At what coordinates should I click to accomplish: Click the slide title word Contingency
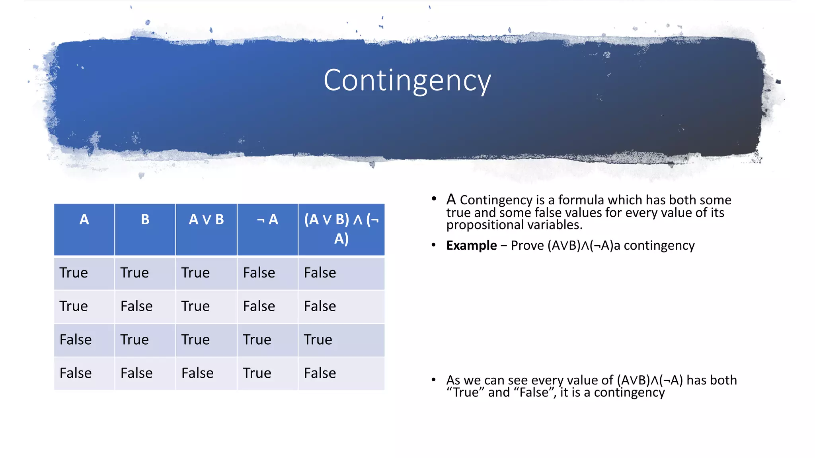407,81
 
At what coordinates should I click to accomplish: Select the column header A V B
206,219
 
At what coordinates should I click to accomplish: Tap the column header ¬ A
267,219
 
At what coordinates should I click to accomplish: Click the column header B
145,219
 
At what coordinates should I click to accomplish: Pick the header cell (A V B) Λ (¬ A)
341,229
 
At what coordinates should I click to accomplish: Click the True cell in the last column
318,340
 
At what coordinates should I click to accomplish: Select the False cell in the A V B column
197,373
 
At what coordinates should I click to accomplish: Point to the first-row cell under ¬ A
259,273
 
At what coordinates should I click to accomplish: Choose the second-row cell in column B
136,306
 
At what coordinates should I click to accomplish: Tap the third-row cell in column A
76,340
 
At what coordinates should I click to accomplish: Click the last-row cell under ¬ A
257,373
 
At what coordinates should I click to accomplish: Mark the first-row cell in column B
135,273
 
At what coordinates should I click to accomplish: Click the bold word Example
472,245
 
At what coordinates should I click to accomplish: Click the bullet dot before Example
433,245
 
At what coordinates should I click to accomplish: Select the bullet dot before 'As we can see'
433,380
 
